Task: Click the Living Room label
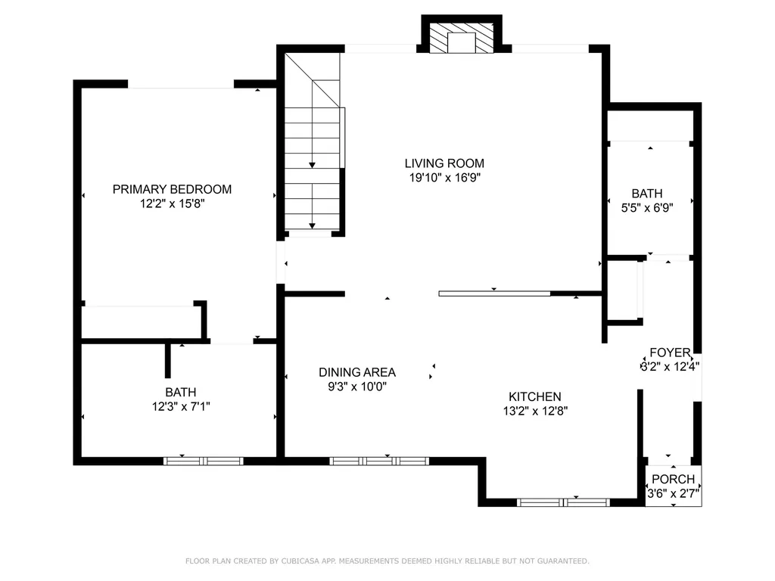pos(444,163)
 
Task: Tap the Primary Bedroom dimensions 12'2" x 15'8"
pos(172,203)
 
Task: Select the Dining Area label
pos(357,372)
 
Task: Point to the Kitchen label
pos(535,396)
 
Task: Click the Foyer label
pos(671,353)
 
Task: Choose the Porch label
pos(673,479)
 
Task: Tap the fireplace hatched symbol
pos(461,38)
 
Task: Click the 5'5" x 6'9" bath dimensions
pos(647,207)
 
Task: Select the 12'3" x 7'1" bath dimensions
pos(181,406)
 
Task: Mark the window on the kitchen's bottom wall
pos(563,502)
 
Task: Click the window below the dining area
pos(379,461)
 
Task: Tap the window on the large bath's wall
pos(203,461)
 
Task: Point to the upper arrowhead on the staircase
pos(312,165)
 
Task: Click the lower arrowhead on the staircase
pos(312,225)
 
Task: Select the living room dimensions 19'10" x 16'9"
pos(445,177)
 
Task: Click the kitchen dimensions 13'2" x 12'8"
pos(535,411)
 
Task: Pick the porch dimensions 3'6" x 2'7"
pos(673,493)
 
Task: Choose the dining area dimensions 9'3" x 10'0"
pos(357,386)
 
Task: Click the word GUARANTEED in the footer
pos(565,561)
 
